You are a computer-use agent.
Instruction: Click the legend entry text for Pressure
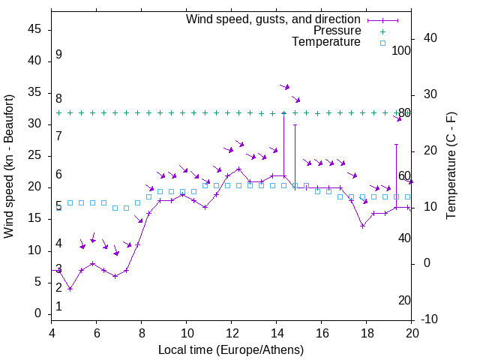[x=337, y=31]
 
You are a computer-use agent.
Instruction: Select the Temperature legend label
[x=326, y=42]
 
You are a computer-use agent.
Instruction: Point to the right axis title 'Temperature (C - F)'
[x=451, y=166]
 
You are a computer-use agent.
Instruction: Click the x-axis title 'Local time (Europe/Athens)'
[x=231, y=349]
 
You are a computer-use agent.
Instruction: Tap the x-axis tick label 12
[x=232, y=334]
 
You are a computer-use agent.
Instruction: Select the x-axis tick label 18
[x=367, y=334]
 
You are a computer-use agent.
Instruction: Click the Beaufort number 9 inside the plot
[x=58, y=55]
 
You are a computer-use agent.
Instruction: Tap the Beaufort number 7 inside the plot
[x=58, y=136]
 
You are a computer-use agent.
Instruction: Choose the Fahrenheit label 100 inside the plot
[x=401, y=51]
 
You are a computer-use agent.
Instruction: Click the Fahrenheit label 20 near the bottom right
[x=404, y=301]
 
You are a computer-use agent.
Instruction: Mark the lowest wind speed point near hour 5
[x=70, y=289]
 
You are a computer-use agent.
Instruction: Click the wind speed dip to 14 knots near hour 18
[x=362, y=226]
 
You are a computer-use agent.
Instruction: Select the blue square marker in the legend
[x=382, y=43]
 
